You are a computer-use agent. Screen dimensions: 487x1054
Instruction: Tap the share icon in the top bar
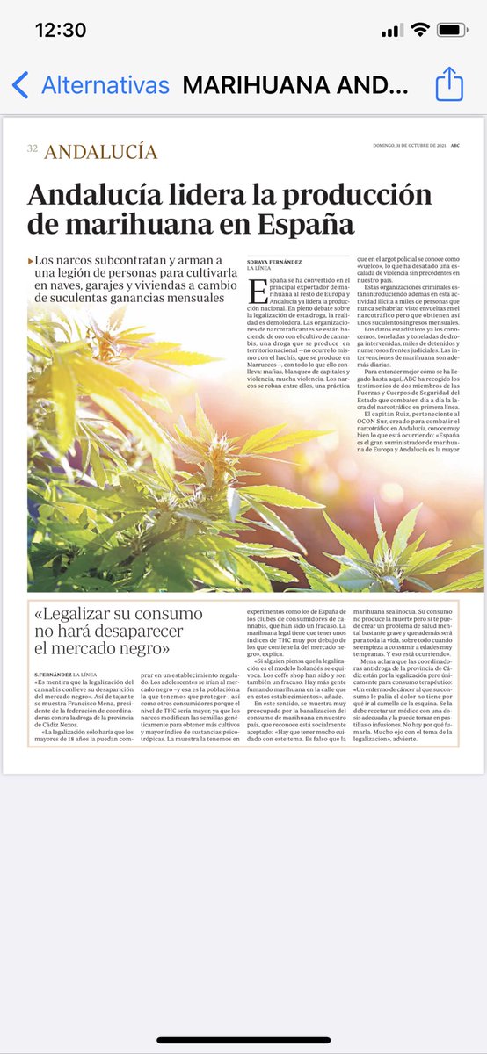tap(449, 84)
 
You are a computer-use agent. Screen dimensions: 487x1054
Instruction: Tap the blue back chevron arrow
tap(20, 85)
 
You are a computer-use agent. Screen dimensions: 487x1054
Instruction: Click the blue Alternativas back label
tap(105, 85)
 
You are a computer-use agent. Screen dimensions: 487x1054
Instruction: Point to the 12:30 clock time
tap(60, 30)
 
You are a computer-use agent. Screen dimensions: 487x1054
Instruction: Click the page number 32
tap(32, 149)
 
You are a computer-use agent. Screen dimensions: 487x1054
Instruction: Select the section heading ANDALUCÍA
tap(101, 151)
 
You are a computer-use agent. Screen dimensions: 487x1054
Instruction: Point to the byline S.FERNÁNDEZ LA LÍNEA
tap(71, 674)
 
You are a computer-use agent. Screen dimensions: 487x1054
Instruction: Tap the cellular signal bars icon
tap(391, 31)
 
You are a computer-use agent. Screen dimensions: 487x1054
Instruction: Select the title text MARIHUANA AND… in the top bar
tap(295, 85)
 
